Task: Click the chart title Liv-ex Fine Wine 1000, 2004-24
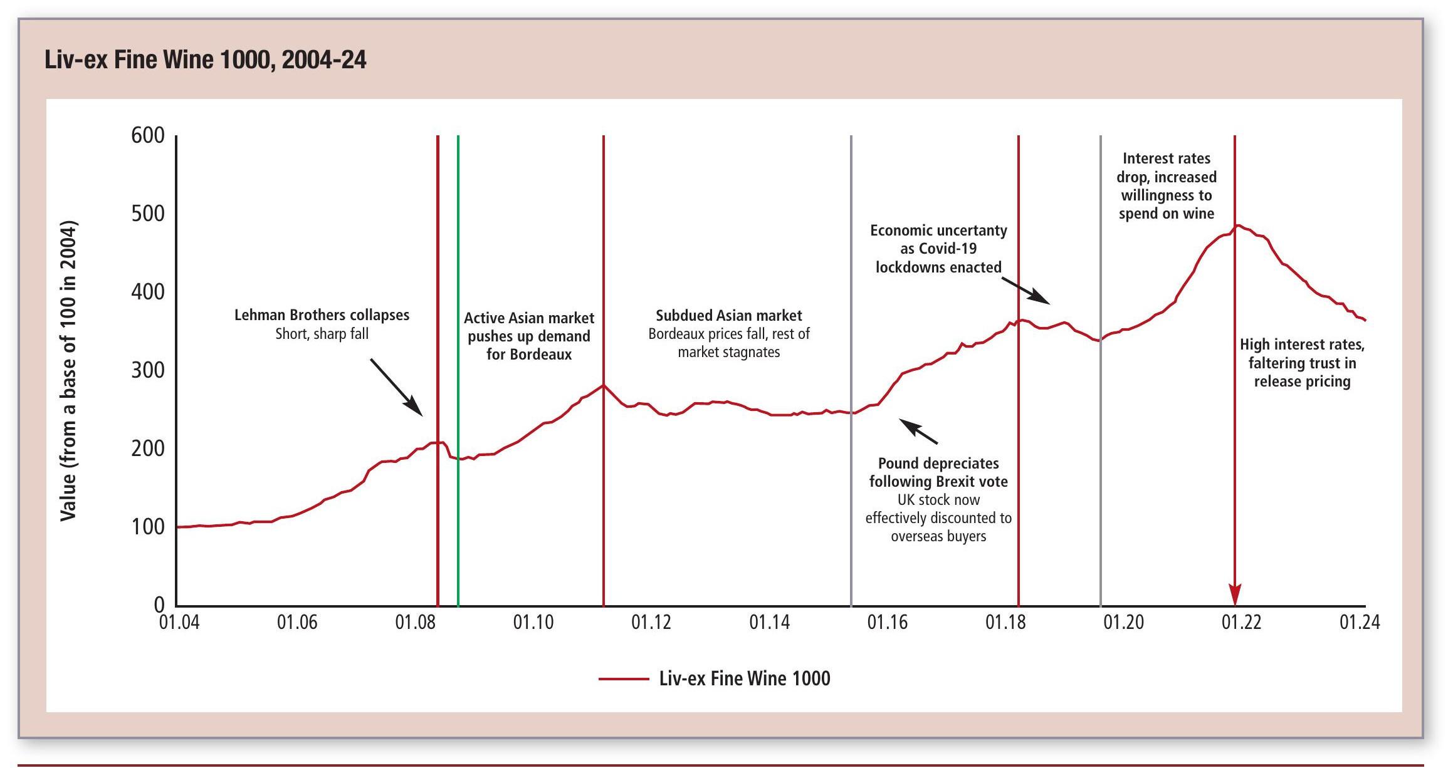[206, 60]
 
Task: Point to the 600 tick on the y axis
[148, 135]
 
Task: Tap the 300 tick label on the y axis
[148, 370]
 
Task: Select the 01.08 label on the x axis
[415, 622]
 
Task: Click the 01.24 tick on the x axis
[1360, 622]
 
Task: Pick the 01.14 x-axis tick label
[769, 622]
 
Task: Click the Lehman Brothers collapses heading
[322, 315]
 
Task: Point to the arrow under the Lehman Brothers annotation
[397, 387]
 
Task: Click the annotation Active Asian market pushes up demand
[529, 336]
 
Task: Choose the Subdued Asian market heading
[728, 316]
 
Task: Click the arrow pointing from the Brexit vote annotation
[919, 432]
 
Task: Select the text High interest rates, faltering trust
[1302, 363]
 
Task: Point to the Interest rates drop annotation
[1166, 186]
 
